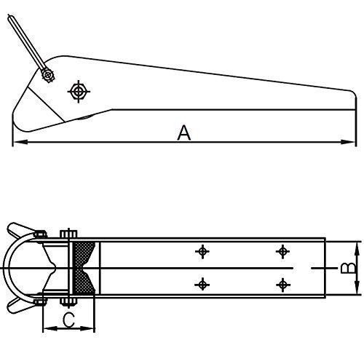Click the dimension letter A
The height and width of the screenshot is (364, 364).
184,132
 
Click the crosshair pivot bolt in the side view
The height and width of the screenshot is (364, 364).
77,91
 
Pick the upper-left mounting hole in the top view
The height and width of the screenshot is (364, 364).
203,252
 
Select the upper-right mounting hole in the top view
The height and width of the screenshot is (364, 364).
282,252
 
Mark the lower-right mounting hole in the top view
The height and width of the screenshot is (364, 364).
282,283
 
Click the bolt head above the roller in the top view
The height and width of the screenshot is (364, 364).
67,234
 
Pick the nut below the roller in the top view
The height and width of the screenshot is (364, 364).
67,302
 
